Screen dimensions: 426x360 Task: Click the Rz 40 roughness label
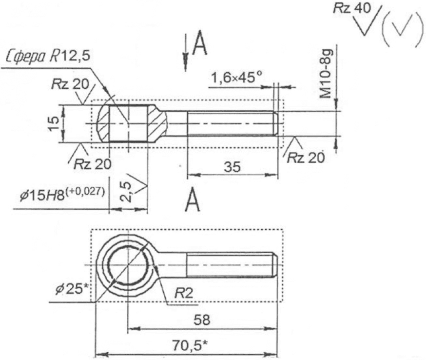(x=352, y=8)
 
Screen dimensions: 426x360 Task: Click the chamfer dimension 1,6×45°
(x=236, y=78)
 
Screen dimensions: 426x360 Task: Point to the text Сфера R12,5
(x=48, y=57)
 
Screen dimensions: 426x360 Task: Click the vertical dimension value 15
(x=54, y=123)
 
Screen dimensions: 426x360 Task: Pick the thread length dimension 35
(x=232, y=166)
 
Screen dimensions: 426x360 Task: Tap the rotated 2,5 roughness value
(x=126, y=192)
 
